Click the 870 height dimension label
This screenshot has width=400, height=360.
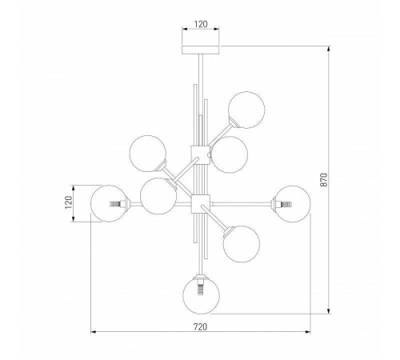[323, 180]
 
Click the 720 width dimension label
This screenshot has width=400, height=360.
[200, 326]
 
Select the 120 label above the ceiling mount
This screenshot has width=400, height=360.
[200, 24]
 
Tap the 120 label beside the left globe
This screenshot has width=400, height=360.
[69, 202]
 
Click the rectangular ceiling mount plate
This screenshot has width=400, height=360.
[201, 50]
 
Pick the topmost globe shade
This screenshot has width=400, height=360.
[246, 110]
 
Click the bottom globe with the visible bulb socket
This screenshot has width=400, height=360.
[202, 295]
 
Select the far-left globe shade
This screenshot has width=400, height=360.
[109, 203]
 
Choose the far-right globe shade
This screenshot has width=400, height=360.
[292, 204]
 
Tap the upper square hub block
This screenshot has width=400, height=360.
[201, 154]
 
